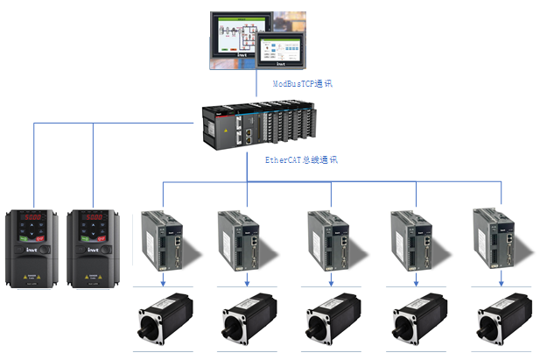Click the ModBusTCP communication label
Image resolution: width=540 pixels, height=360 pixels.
coord(302,84)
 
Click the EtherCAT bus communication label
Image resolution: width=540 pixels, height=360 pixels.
coord(301,160)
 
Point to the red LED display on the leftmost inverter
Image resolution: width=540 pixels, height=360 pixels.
coord(33,217)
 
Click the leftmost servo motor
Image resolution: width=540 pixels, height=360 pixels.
coord(164,320)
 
